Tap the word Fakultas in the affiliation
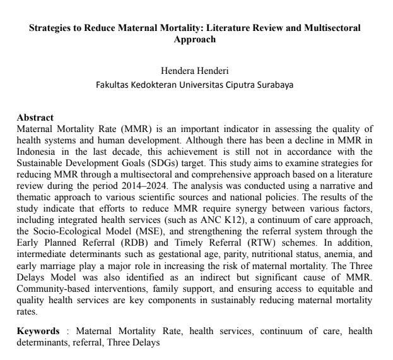(112, 83)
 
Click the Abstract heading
(35, 117)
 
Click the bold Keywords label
(38, 330)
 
